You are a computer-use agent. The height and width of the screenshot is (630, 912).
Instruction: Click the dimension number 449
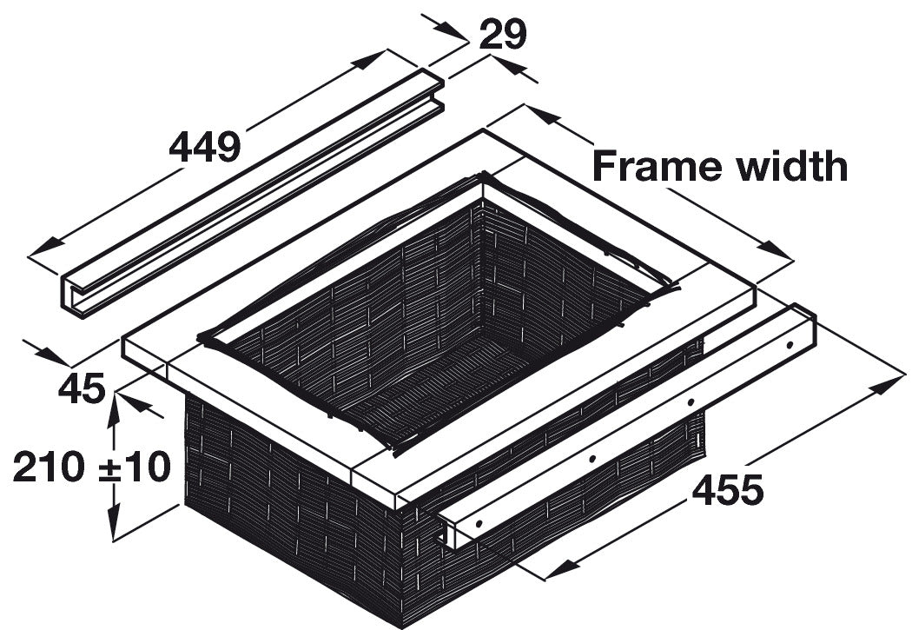(x=205, y=147)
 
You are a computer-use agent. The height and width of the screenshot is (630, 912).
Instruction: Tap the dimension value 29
(x=503, y=34)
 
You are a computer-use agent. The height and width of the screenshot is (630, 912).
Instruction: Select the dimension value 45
(x=82, y=388)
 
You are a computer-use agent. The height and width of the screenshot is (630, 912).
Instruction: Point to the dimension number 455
(x=727, y=490)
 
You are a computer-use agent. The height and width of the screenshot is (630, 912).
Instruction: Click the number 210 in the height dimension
(x=49, y=467)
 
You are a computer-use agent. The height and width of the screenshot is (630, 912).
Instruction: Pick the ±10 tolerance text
(x=135, y=467)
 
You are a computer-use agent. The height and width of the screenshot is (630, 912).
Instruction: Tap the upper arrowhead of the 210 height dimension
(x=114, y=409)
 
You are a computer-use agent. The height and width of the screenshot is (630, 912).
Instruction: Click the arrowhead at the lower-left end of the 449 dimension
(x=45, y=248)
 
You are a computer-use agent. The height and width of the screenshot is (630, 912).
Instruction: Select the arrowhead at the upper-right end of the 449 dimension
(x=369, y=60)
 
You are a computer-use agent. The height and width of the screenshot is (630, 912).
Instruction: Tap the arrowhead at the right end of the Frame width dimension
(x=776, y=249)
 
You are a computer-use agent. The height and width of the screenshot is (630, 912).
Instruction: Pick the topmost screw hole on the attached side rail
(x=790, y=345)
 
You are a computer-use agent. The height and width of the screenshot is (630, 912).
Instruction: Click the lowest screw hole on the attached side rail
(x=479, y=523)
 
